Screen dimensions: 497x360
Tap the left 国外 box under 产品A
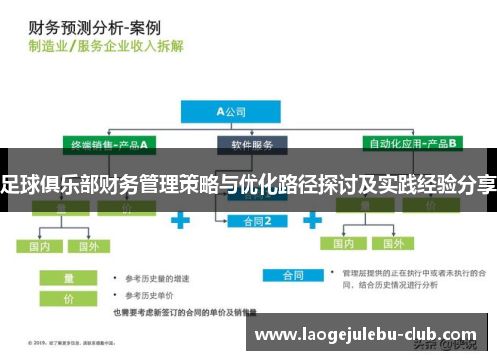tap(88, 245)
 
